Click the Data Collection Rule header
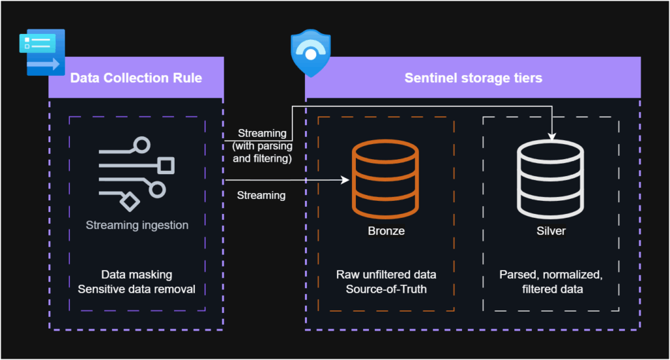click(135, 79)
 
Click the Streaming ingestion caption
click(137, 225)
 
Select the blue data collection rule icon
click(41, 52)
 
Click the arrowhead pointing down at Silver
click(551, 136)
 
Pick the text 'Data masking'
click(136, 275)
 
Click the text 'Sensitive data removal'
click(136, 289)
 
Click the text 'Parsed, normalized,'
click(550, 275)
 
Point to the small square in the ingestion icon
click(166, 164)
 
